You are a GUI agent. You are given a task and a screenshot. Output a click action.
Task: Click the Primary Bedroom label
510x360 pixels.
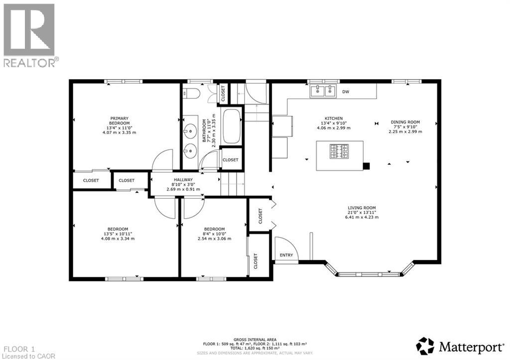[120, 120]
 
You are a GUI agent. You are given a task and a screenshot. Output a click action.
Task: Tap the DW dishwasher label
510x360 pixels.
[345, 92]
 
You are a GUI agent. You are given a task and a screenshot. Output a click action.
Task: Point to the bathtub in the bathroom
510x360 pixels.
[231, 125]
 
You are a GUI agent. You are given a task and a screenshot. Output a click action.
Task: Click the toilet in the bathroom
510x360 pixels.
[192, 94]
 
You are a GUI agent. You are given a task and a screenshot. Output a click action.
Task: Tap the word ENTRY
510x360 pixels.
[286, 255]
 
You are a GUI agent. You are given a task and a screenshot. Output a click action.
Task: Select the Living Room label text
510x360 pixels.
[362, 208]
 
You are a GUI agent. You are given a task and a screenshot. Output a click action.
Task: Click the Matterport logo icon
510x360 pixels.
[425, 346]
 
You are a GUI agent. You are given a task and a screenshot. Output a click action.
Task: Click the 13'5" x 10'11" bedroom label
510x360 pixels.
[118, 234]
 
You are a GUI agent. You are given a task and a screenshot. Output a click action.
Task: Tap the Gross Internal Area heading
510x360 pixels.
[255, 340]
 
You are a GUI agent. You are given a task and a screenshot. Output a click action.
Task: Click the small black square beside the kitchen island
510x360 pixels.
[367, 167]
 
